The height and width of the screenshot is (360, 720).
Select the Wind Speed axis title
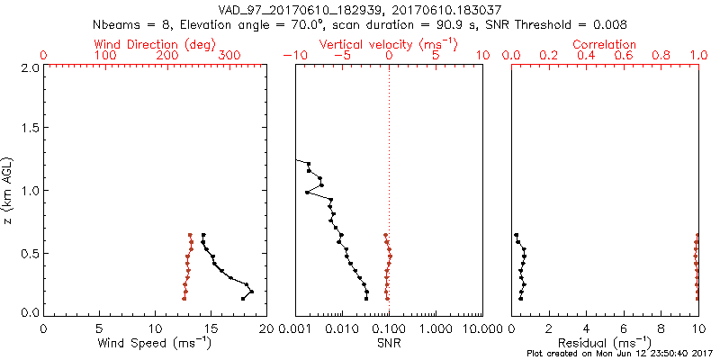156,342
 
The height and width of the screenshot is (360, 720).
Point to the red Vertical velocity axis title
389,44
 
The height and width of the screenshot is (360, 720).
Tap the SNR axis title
389,342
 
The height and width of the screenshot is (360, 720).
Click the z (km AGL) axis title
9,189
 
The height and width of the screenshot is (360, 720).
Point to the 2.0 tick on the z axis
29,67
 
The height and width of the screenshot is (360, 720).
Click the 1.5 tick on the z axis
29,129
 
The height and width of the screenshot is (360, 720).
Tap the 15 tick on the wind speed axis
211,328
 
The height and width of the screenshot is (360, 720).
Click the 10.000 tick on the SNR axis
482,328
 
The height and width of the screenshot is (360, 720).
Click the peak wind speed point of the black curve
252,292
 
